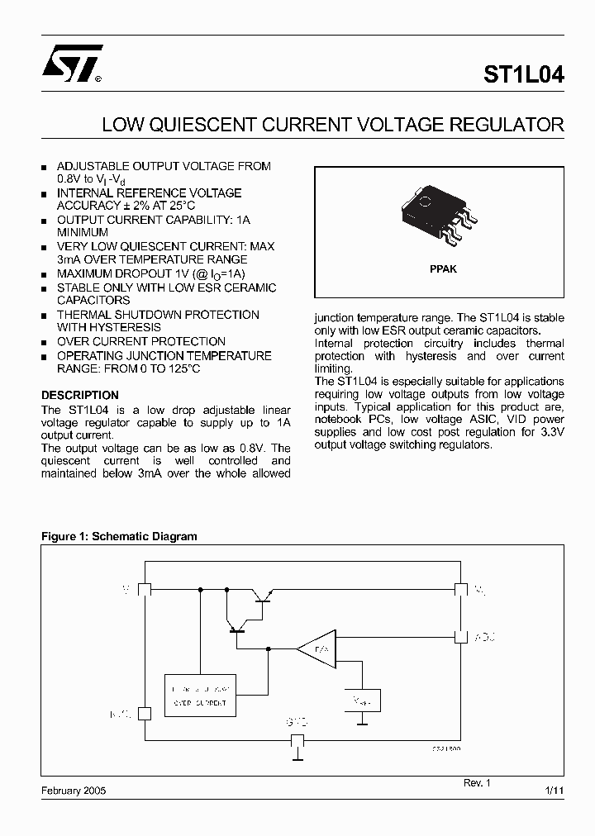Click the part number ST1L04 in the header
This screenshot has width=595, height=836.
coord(524,75)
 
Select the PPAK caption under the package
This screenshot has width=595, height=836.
coord(443,269)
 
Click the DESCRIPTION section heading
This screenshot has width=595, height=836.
coord(80,395)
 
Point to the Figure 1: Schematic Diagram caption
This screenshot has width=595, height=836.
coord(119,536)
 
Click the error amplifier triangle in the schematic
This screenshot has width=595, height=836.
coord(314,649)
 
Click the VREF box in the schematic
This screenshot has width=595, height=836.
coord(362,701)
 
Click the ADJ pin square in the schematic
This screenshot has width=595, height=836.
coord(460,638)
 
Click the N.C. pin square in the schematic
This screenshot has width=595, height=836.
coord(144,713)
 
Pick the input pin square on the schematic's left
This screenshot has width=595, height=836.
coord(144,589)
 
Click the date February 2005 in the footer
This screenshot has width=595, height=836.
coord(74,791)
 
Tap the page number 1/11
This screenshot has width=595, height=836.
coord(555,791)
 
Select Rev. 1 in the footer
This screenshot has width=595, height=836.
coord(477,781)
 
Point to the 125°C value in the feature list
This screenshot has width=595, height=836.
coord(181,368)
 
